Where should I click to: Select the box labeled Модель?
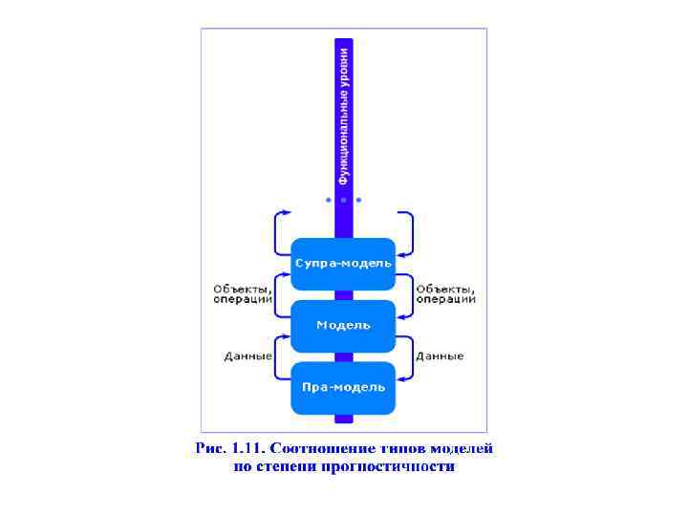(x=343, y=325)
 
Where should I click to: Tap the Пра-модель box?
(x=343, y=387)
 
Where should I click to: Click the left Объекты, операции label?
(x=243, y=293)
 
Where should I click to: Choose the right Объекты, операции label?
(x=445, y=293)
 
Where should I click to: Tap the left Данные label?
(x=248, y=356)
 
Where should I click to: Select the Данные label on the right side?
(x=440, y=356)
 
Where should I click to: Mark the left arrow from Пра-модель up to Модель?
(x=278, y=355)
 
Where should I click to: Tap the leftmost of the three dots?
(x=329, y=200)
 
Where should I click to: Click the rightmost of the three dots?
(x=358, y=200)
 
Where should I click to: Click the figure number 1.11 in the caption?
(x=248, y=447)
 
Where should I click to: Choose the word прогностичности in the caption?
(x=400, y=467)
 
